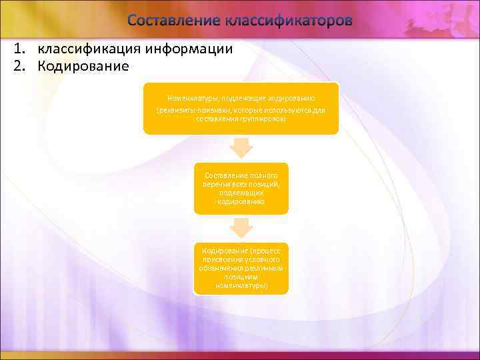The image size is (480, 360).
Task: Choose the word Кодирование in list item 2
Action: [x=82, y=66]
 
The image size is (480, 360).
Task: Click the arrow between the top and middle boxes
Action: [x=241, y=148]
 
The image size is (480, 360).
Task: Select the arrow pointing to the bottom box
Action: [x=241, y=229]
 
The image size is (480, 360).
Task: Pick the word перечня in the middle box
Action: [x=217, y=183]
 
